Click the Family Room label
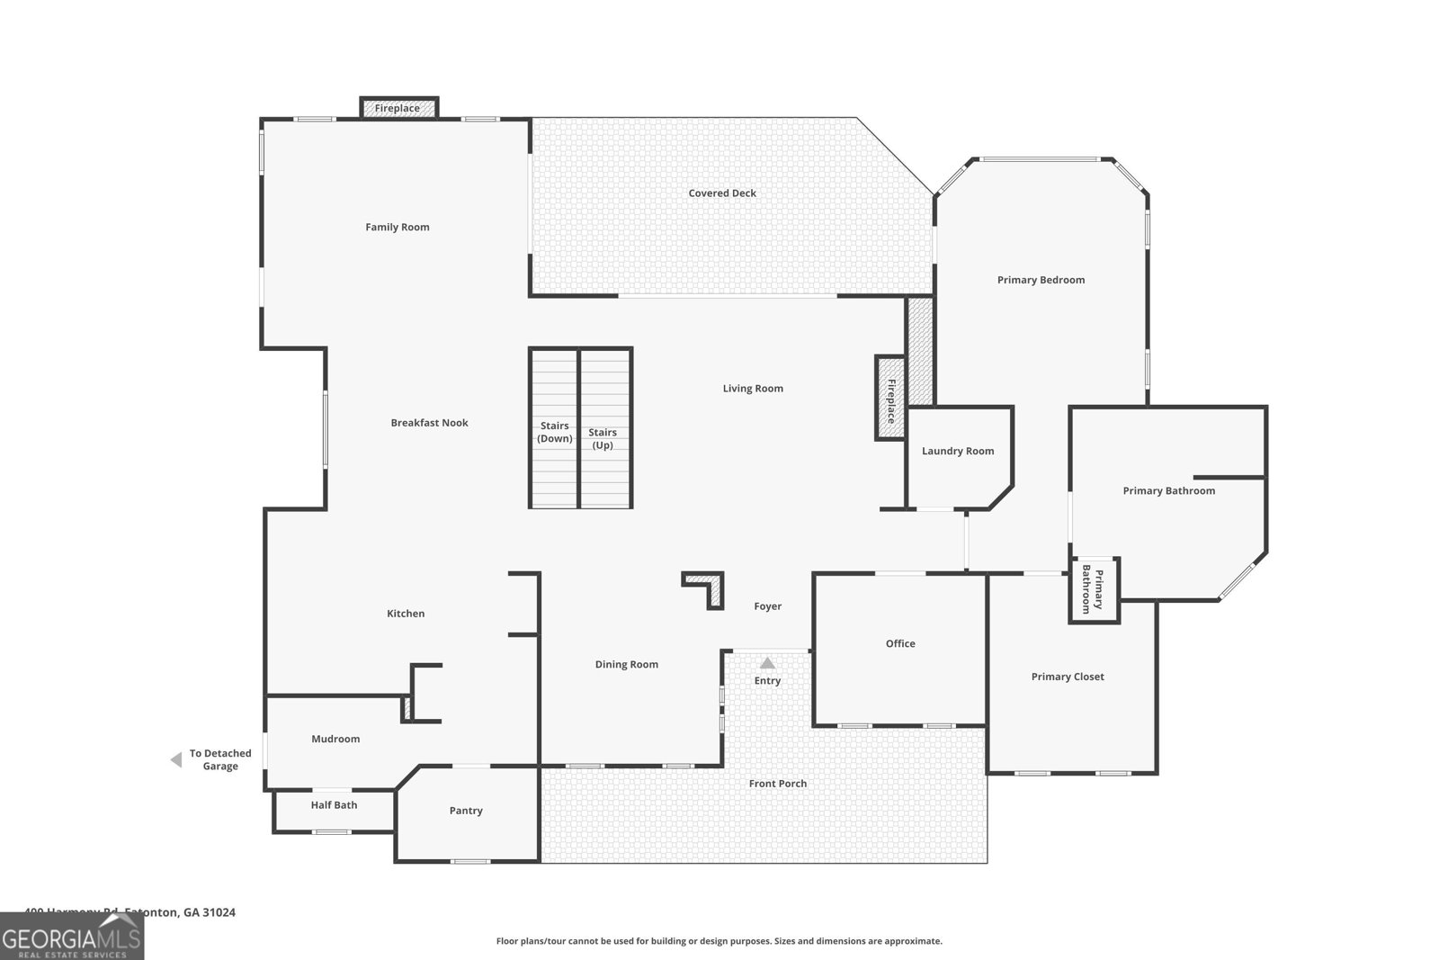[x=397, y=227]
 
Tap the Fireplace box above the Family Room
[x=398, y=108]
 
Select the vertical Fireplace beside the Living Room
[x=890, y=399]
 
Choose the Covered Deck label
[x=722, y=193]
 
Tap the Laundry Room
[x=957, y=451]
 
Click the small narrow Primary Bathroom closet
[x=1094, y=589]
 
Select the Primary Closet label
[x=1068, y=677]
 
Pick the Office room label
[x=900, y=643]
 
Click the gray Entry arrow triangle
[x=767, y=663]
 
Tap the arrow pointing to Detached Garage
[x=176, y=760]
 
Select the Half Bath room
[x=334, y=805]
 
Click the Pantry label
[x=466, y=811]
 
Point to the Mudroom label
[x=335, y=739]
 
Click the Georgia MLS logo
[x=71, y=937]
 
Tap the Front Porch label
[x=778, y=784]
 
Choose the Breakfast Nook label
[x=429, y=423]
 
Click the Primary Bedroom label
[x=1041, y=280]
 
